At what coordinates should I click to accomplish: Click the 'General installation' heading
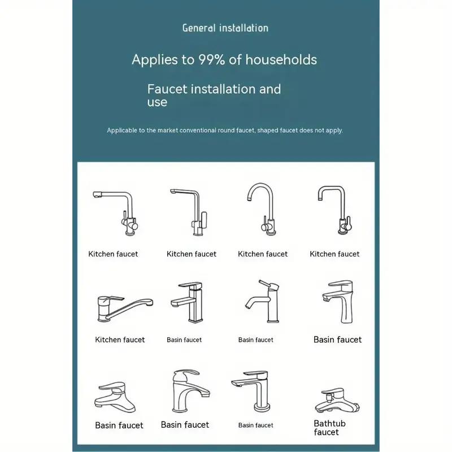pos(225,28)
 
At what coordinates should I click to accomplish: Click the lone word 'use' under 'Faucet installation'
pos(157,102)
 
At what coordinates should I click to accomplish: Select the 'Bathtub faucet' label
pos(329,428)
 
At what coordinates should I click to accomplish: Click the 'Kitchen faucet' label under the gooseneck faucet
pos(263,254)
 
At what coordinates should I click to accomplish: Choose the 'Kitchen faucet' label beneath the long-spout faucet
pos(120,340)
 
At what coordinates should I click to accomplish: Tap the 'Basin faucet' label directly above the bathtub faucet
pos(337,340)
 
